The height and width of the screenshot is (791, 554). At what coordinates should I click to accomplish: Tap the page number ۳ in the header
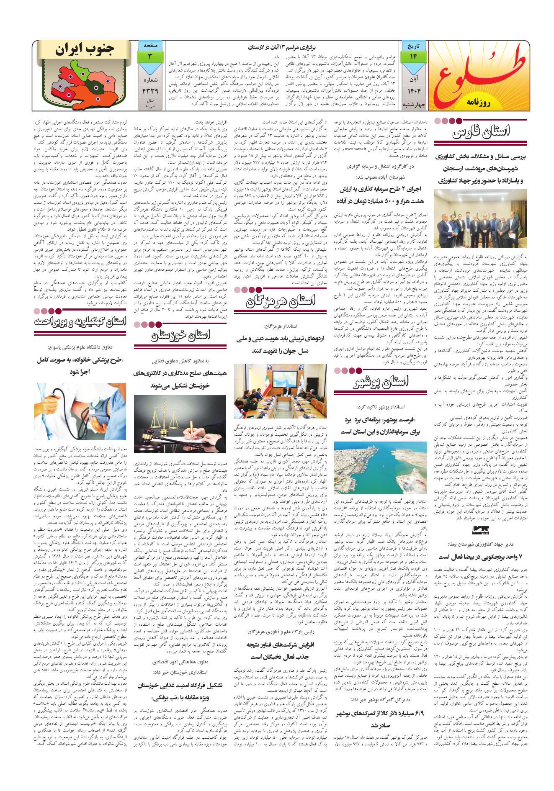click(149, 56)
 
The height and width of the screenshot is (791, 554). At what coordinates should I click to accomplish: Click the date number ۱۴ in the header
click(414, 56)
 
